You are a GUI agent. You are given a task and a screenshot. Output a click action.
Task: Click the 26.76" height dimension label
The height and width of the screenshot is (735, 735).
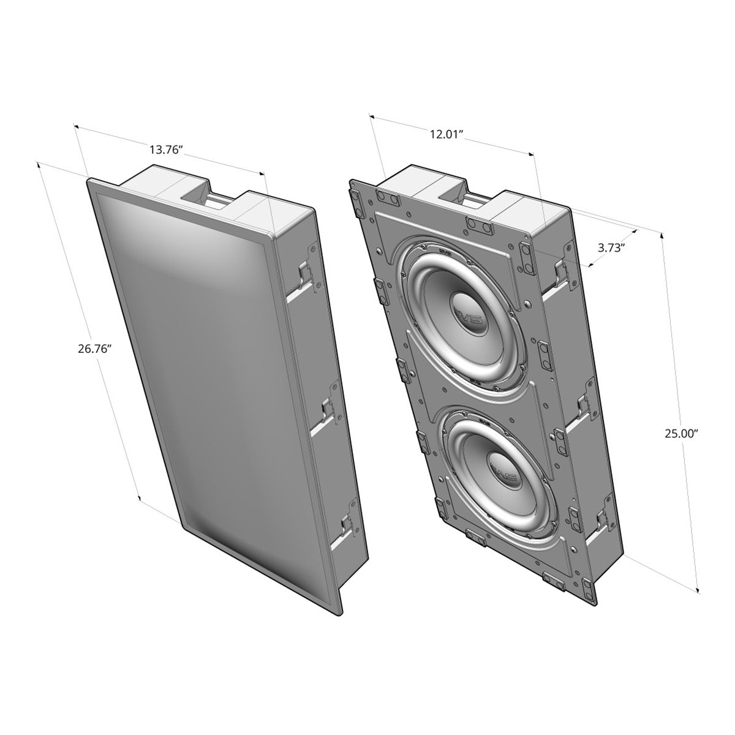tap(93, 350)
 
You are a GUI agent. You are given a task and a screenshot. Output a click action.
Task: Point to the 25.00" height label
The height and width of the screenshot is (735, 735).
tap(682, 433)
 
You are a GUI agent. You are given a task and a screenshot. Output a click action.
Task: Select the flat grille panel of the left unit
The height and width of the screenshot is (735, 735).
tap(202, 367)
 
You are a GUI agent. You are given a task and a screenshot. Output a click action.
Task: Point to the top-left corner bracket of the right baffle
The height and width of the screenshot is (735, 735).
tap(356, 200)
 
